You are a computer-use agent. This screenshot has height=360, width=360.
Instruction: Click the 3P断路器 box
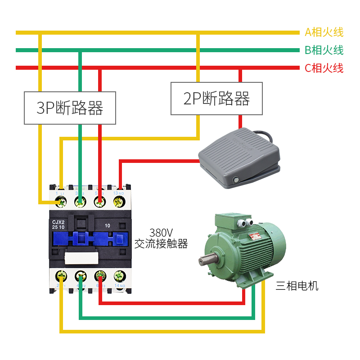70,108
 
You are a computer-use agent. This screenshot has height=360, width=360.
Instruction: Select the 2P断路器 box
216,98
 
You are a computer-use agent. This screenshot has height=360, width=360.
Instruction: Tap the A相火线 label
324,32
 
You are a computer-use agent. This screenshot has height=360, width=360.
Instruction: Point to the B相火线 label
324,50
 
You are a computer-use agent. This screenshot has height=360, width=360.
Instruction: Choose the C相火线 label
324,68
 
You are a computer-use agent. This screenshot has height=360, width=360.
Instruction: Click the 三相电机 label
297,286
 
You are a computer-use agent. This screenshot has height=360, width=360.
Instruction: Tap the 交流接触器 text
161,244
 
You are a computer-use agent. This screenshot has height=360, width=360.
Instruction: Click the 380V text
161,233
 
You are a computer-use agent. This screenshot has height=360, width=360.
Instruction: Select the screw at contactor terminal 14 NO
119,276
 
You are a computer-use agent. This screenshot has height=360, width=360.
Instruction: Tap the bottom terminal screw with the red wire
99,276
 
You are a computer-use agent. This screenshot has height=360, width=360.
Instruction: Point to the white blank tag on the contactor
81,258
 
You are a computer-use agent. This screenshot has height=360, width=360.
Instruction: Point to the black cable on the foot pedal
265,135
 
